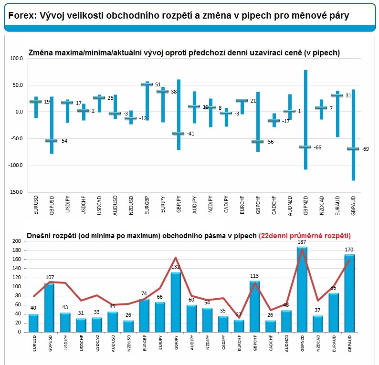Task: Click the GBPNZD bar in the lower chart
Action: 302,289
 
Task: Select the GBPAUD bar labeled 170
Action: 349,293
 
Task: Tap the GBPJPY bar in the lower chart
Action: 176,302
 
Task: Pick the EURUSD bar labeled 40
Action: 33,323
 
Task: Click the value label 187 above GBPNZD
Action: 302,242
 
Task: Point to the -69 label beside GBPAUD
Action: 365,149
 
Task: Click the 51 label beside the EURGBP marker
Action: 158,84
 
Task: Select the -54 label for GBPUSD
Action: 63,141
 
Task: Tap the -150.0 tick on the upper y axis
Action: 15,192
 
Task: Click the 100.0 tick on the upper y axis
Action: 16,59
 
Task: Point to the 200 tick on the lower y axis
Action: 17,241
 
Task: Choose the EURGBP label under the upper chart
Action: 147,205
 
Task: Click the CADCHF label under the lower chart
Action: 271,343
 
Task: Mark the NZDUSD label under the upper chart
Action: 131,205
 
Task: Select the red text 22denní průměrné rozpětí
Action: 305,236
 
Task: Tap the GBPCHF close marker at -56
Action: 257,142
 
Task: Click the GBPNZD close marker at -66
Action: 305,147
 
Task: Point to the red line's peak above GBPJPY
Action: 176,258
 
